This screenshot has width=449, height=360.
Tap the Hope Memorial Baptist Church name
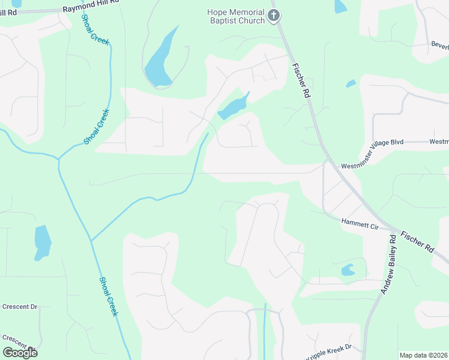[x=236, y=16]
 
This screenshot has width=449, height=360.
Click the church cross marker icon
[x=274, y=16]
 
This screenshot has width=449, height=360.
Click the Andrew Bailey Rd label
[x=388, y=263]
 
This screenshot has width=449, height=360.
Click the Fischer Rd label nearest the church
[x=301, y=82]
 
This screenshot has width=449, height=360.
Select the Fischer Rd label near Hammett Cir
[x=416, y=240]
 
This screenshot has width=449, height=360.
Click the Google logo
[x=20, y=353]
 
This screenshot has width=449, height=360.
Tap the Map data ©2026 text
[x=423, y=355]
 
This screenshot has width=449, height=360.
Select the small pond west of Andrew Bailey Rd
[x=348, y=271]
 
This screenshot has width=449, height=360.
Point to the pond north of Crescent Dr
[x=42, y=241]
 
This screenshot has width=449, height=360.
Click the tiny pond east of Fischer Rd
[x=351, y=84]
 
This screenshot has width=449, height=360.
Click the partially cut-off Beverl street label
[x=439, y=45]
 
